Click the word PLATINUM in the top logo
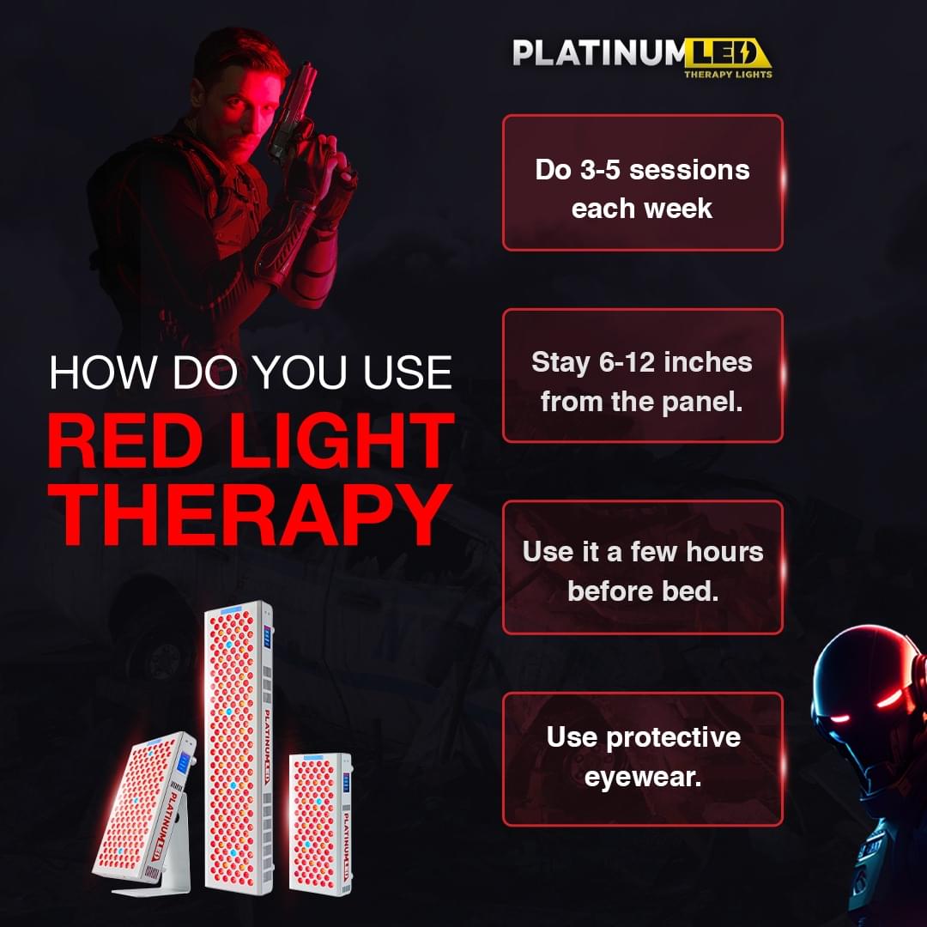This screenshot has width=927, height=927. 598,53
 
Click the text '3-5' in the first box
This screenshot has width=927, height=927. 600,170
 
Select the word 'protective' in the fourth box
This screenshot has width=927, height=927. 674,738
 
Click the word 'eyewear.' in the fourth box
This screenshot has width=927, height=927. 643,777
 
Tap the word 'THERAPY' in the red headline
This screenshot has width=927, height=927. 248,514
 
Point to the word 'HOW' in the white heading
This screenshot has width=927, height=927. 102,373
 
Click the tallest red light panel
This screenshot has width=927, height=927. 239,748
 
